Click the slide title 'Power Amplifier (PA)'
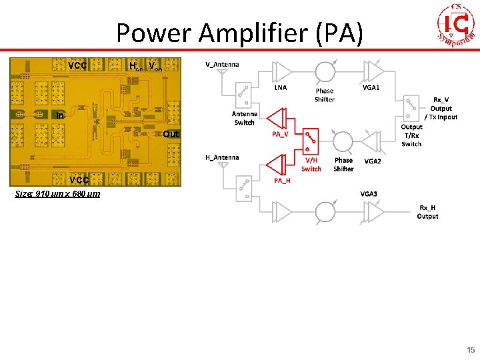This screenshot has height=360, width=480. [239, 33]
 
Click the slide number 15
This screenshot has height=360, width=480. [471, 350]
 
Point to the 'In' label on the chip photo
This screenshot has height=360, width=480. [60, 115]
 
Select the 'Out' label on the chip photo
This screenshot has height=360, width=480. [171, 134]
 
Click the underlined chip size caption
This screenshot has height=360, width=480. [57, 194]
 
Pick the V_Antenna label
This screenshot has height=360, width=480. [222, 65]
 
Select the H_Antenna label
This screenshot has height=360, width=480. [223, 157]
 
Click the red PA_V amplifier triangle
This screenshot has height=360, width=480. [275, 119]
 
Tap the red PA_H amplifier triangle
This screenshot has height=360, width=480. [275, 163]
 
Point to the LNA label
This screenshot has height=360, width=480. [281, 87]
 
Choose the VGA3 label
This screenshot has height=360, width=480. [369, 193]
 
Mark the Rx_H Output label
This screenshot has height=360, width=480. [427, 211]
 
